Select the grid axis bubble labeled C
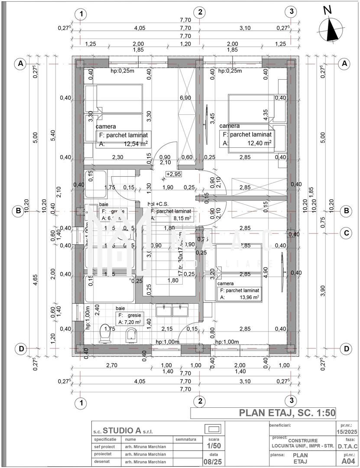[346, 233]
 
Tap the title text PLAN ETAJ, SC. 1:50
[287, 413]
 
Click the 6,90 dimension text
[185, 98]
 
